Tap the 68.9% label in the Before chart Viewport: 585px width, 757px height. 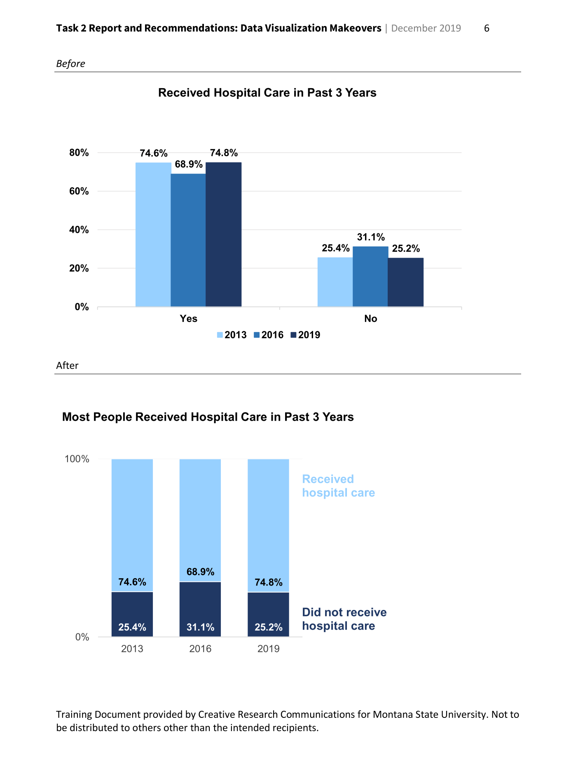(x=189, y=164)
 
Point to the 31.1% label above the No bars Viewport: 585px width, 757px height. (x=371, y=237)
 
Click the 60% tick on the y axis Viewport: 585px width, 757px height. (x=79, y=191)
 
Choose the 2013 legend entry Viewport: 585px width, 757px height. (x=232, y=335)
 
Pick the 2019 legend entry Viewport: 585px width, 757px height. (x=305, y=335)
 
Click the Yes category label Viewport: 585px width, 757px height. (x=188, y=319)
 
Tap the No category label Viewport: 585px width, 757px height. (x=370, y=319)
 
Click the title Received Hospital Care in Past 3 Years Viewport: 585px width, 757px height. (x=267, y=93)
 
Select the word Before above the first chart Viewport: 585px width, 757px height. (x=70, y=64)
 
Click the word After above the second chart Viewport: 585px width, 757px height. (x=67, y=366)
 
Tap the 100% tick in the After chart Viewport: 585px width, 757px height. (x=77, y=459)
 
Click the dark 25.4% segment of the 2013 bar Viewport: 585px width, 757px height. (x=132, y=614)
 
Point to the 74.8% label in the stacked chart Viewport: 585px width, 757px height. (x=269, y=582)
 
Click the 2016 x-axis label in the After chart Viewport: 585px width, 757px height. (x=200, y=649)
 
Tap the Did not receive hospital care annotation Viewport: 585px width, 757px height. (x=344, y=619)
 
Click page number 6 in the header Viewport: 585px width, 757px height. (x=487, y=28)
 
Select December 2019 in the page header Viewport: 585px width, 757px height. (x=426, y=28)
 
